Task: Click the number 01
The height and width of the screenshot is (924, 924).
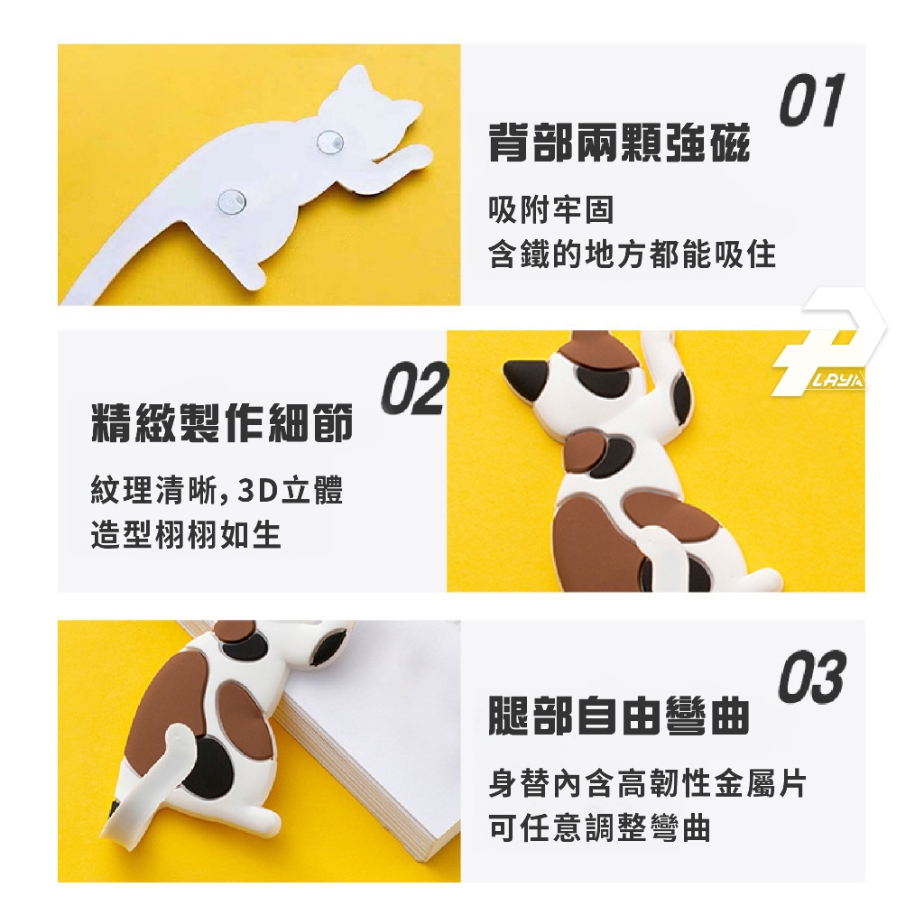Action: click(812, 99)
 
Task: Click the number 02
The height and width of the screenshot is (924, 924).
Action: click(415, 388)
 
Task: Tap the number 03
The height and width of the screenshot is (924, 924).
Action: click(812, 677)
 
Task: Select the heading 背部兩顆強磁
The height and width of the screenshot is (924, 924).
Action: click(619, 143)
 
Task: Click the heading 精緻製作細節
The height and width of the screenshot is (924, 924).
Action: click(222, 422)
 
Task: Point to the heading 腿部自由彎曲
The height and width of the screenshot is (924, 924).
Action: click(619, 716)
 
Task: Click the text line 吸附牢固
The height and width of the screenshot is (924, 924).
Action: click(551, 209)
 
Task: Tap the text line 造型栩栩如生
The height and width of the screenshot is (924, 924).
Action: click(186, 534)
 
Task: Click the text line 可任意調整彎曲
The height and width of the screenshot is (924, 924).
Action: click(599, 827)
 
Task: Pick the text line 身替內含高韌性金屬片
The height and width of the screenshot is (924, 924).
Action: click(647, 783)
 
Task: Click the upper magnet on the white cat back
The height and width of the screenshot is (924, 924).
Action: click(330, 142)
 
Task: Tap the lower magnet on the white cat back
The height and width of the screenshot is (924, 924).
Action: click(232, 201)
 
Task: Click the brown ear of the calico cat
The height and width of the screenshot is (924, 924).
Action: click(596, 350)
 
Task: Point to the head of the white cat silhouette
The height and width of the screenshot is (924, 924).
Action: click(370, 107)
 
